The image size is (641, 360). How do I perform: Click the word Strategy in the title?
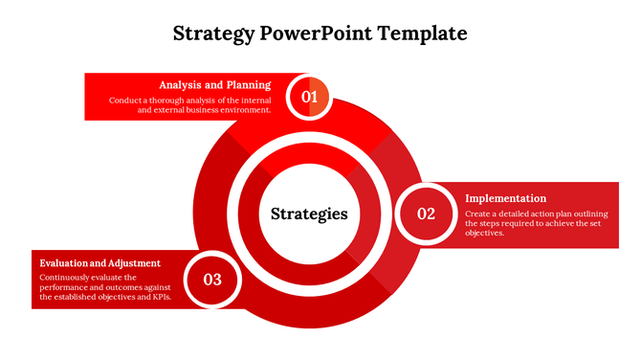pyautogui.click(x=212, y=34)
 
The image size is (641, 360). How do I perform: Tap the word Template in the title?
pyautogui.click(x=422, y=34)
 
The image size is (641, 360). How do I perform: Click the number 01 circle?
pyautogui.click(x=309, y=97)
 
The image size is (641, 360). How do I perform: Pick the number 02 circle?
pyautogui.click(x=426, y=214)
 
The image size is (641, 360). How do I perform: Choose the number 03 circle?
pyautogui.click(x=212, y=280)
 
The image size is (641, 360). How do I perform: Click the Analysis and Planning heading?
pyautogui.click(x=215, y=84)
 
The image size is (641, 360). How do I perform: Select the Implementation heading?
pyautogui.click(x=505, y=198)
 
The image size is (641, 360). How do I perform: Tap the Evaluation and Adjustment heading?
pyautogui.click(x=99, y=262)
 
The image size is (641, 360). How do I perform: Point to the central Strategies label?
pyautogui.click(x=309, y=214)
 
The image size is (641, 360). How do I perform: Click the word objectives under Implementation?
pyautogui.click(x=484, y=233)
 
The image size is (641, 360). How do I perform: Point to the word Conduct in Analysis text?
pyautogui.click(x=126, y=100)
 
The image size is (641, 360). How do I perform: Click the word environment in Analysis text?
pyautogui.click(x=246, y=110)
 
